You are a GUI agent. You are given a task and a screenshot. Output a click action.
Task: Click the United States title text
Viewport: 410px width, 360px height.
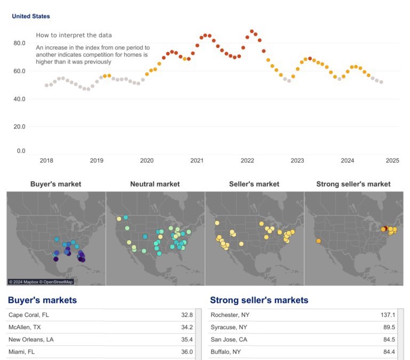click(x=31, y=17)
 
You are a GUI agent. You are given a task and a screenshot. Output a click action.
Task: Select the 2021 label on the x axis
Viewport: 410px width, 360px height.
click(x=197, y=161)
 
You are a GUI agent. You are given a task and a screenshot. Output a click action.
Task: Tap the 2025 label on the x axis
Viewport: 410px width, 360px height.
click(x=392, y=161)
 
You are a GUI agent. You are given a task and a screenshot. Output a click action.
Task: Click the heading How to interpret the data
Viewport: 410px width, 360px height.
click(x=74, y=35)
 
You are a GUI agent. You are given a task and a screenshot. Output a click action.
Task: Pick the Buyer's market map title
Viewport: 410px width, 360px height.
click(x=56, y=184)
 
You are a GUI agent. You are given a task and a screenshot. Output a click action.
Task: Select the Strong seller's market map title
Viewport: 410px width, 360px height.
click(x=353, y=184)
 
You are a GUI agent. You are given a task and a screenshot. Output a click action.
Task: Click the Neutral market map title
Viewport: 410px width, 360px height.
click(x=155, y=184)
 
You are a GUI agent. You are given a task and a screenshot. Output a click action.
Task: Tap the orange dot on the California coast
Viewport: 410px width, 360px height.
click(x=318, y=241)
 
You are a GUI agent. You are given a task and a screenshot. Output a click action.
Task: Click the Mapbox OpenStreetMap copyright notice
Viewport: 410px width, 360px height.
click(x=41, y=282)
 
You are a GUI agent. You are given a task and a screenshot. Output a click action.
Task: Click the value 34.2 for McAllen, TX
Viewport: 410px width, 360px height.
click(x=187, y=327)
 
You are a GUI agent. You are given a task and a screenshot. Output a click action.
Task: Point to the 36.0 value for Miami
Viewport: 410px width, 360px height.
click(x=187, y=352)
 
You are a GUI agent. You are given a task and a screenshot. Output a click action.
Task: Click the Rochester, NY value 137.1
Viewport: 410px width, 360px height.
click(x=388, y=315)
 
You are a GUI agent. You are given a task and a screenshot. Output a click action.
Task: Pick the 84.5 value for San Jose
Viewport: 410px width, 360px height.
click(x=389, y=340)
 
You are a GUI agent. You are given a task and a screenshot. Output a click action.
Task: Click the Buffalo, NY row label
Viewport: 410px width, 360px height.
click(x=226, y=352)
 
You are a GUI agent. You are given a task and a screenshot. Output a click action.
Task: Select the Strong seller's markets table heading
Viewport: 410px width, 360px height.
click(x=259, y=300)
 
